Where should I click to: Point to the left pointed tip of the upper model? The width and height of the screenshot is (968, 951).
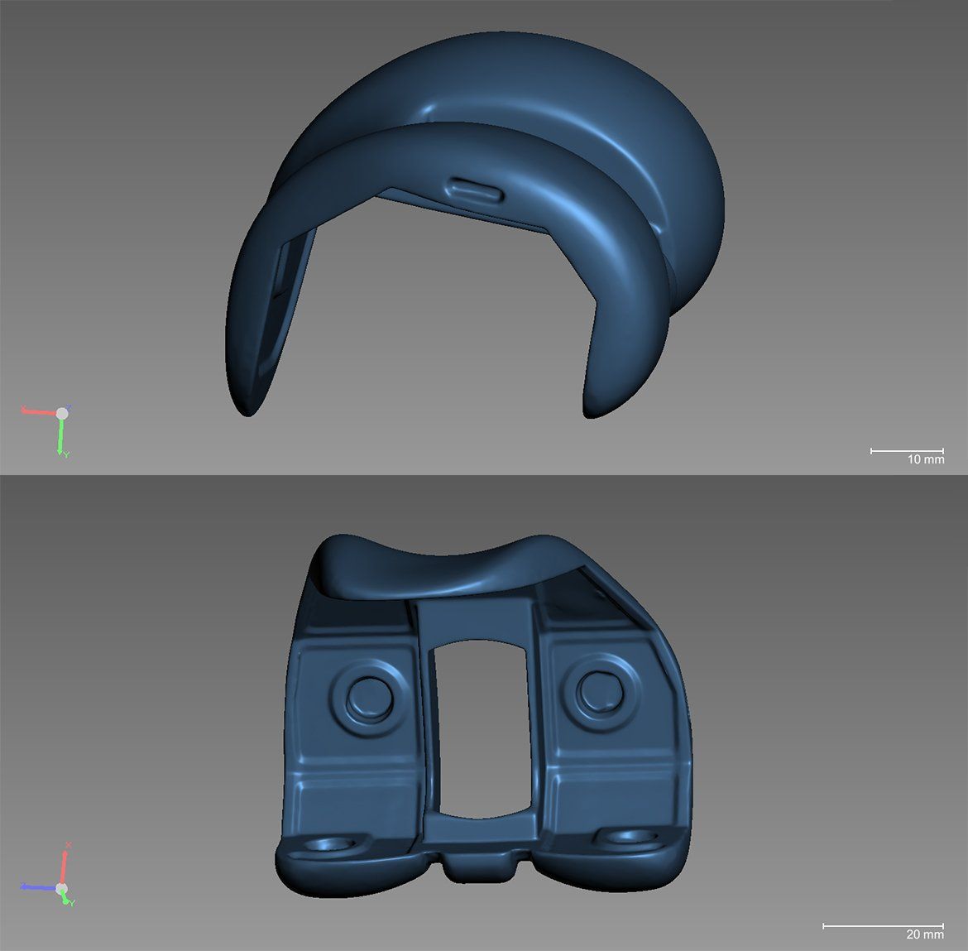tap(248, 415)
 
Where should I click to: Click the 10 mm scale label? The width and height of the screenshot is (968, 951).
tap(926, 459)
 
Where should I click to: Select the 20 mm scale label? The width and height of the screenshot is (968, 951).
tap(925, 934)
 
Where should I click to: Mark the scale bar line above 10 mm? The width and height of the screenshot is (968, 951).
tap(907, 451)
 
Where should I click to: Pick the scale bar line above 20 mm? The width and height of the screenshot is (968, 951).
tap(884, 925)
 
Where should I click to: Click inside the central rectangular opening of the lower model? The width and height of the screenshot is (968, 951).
tap(482, 728)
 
